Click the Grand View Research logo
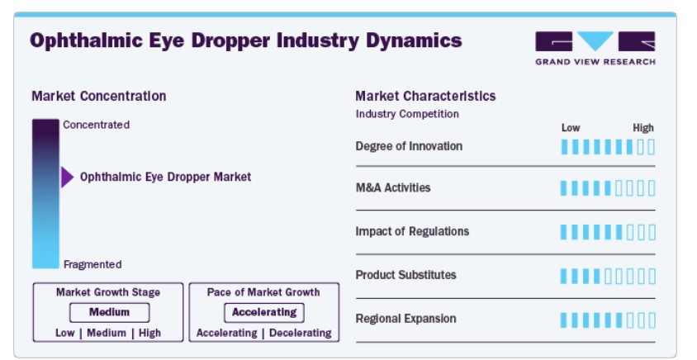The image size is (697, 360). coord(595,48)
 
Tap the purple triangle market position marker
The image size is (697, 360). coord(67,177)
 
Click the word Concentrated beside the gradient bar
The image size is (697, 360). coord(97,125)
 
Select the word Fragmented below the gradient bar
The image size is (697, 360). coord(92,264)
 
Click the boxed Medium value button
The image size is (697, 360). coord(109,312)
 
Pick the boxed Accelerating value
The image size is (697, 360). coord(264,312)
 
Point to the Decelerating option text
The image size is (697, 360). coord(301,333)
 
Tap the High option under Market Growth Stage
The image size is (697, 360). coord(149,333)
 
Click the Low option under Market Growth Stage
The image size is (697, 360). coord(65,333)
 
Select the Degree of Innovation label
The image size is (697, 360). coord(409,146)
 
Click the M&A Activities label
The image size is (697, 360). coord(393,187)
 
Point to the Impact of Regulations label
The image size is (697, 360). coord(412,231)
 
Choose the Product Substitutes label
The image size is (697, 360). coord(405,275)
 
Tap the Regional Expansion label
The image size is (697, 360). coord(405,319)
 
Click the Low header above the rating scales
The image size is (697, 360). coord(571,128)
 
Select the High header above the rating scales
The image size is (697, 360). coord(643,128)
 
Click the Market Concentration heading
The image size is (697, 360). coord(98,96)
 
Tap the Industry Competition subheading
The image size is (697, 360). coord(407,114)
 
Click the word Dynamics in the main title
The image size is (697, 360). coord(414,41)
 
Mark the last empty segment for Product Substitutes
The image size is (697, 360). coord(652,276)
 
